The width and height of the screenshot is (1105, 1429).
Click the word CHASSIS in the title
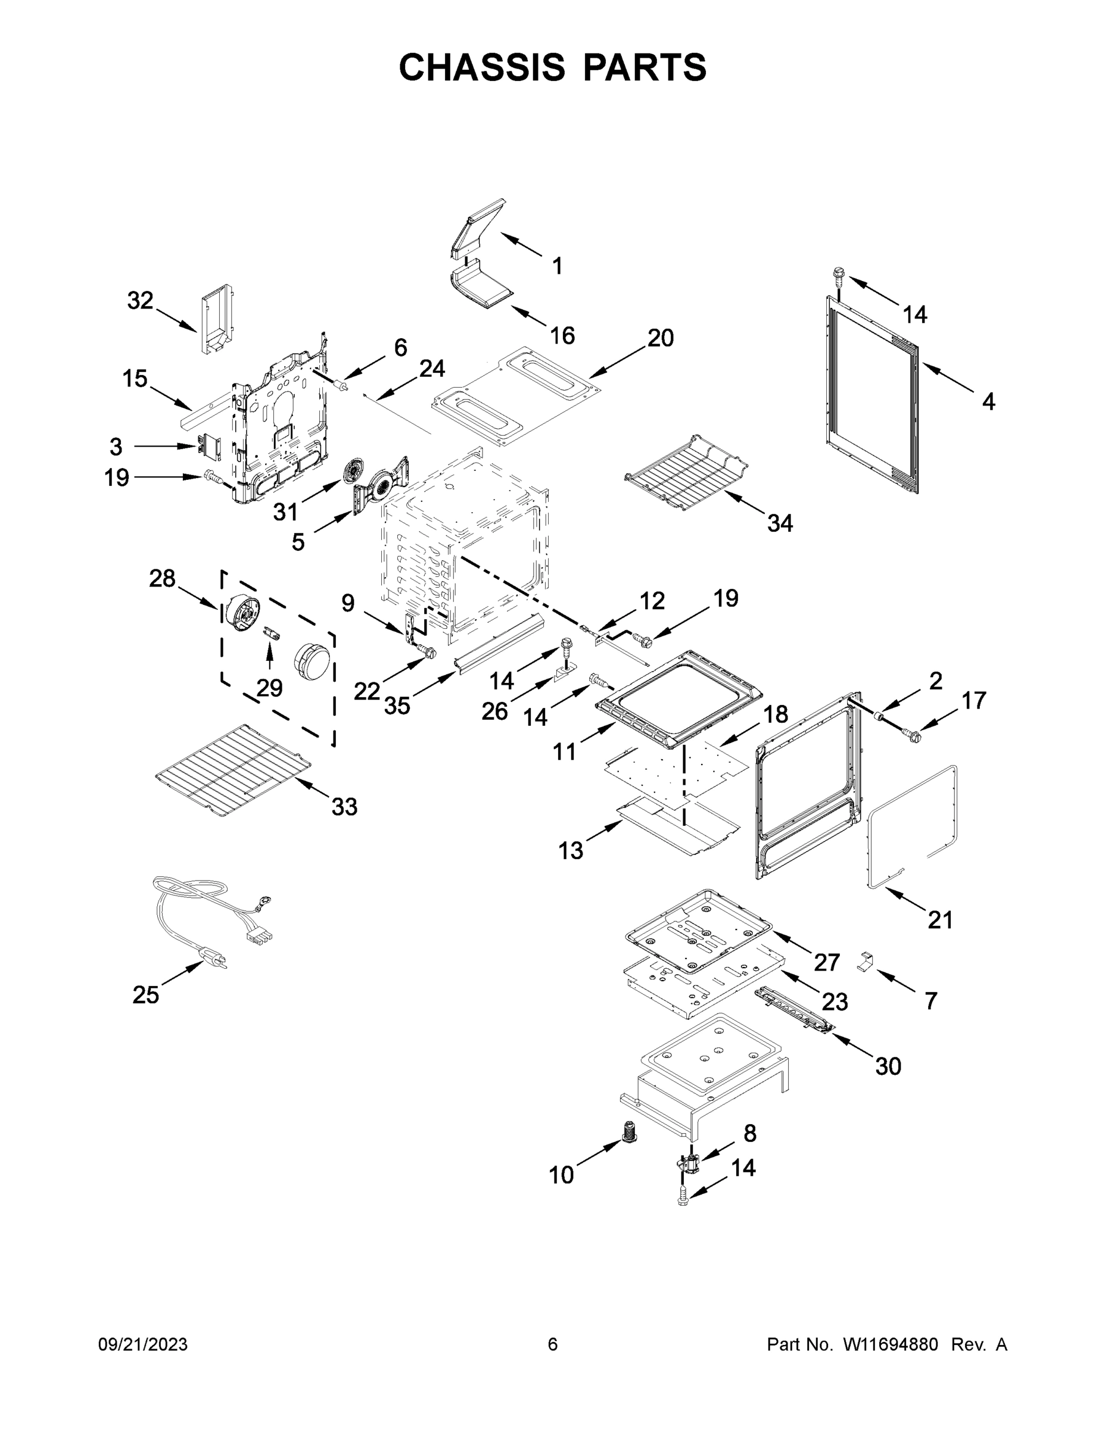click(x=482, y=67)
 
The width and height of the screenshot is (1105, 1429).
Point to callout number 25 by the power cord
click(x=145, y=995)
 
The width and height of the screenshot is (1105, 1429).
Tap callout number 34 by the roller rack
click(x=780, y=523)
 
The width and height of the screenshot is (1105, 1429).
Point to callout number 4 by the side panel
click(x=988, y=401)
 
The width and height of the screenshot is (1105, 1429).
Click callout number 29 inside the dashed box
click(x=269, y=688)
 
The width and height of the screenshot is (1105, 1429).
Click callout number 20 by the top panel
click(x=661, y=338)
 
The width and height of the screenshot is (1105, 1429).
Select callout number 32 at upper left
click(x=140, y=300)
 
